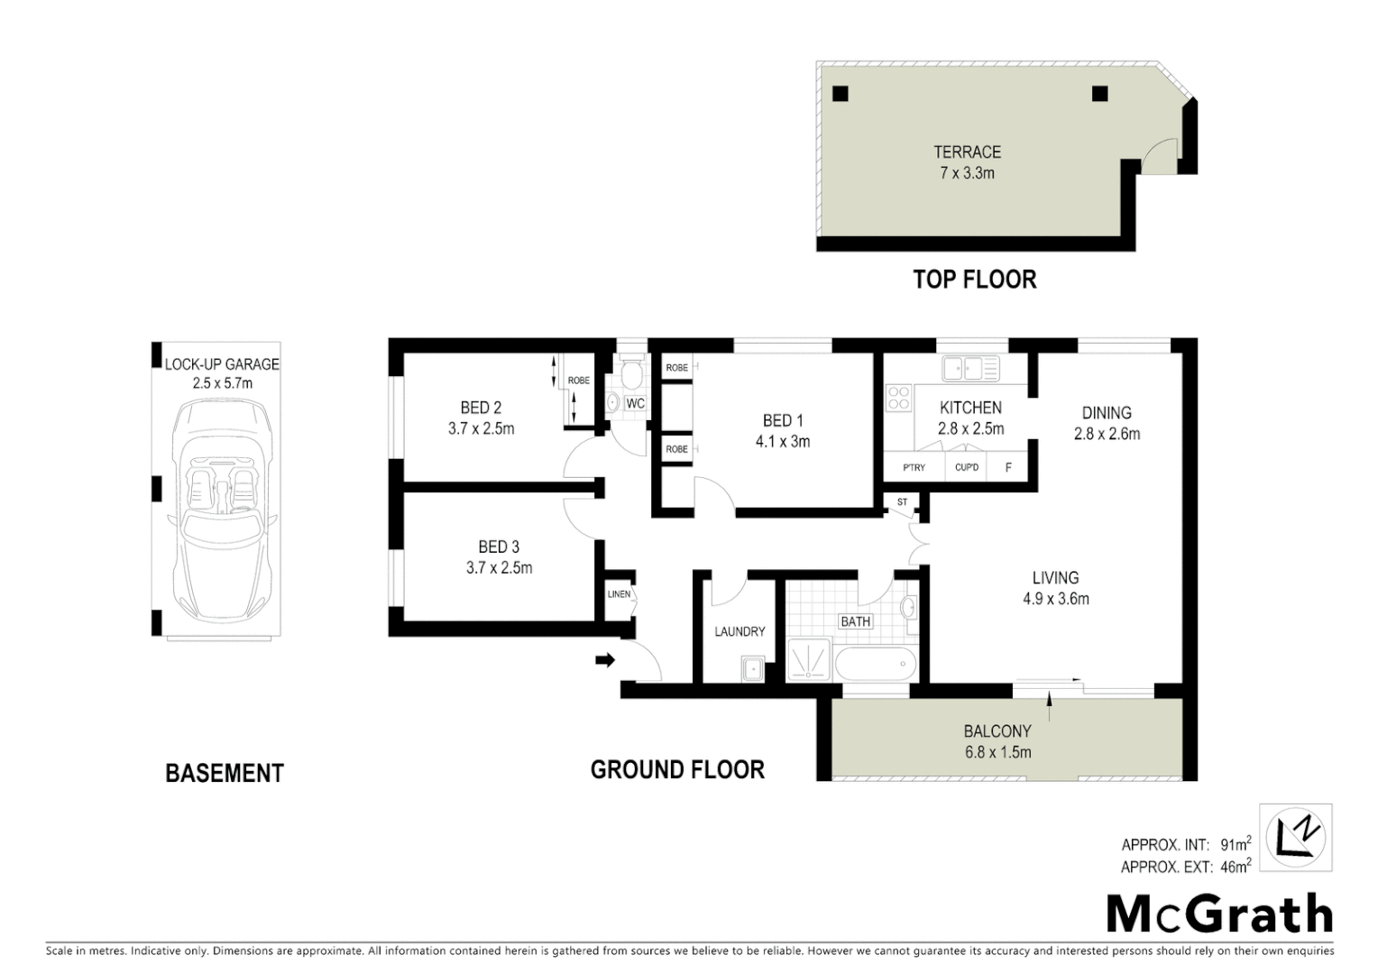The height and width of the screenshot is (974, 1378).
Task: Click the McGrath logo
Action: (x=1219, y=914)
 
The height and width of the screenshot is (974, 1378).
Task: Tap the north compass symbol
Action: (x=1295, y=838)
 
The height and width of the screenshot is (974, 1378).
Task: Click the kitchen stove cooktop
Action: (x=898, y=398)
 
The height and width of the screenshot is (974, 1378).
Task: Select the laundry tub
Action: (x=752, y=668)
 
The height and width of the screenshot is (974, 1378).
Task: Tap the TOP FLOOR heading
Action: (x=974, y=280)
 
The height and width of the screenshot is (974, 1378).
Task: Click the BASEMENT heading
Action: (x=225, y=773)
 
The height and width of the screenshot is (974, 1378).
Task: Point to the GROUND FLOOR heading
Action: (x=677, y=769)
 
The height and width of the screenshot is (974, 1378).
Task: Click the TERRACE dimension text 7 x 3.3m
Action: (x=967, y=173)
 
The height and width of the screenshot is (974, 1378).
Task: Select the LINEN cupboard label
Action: (x=620, y=594)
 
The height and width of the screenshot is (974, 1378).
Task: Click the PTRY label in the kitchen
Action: (x=914, y=467)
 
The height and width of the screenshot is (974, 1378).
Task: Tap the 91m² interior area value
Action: (x=1235, y=845)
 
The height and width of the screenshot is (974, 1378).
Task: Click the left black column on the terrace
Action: (x=840, y=93)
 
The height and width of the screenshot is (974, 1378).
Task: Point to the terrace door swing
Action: (x=1162, y=156)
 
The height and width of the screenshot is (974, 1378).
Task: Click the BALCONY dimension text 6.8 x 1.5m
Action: (x=997, y=752)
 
